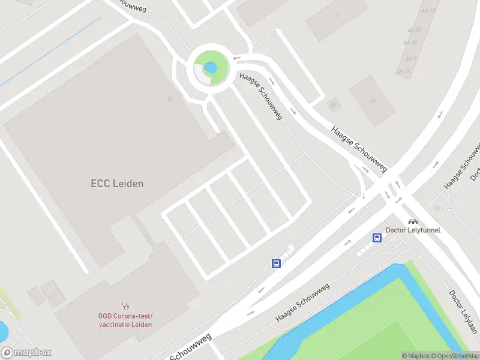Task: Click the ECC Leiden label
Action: [x=117, y=184]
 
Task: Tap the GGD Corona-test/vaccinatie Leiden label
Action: [x=125, y=320]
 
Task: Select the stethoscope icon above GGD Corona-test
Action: [x=125, y=305]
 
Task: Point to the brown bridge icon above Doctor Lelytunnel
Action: [x=413, y=221]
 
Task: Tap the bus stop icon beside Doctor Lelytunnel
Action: [x=377, y=238]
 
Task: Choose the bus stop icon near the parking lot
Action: [x=277, y=263]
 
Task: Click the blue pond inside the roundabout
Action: [x=210, y=67]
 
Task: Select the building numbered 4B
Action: [x=373, y=100]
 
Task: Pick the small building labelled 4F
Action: [x=333, y=104]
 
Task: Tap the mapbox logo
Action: [x=26, y=353]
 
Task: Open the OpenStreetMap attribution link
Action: [x=455, y=356]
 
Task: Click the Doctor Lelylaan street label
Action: [x=464, y=312]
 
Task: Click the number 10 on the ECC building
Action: [x=170, y=99]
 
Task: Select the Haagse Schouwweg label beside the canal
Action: [x=302, y=303]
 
